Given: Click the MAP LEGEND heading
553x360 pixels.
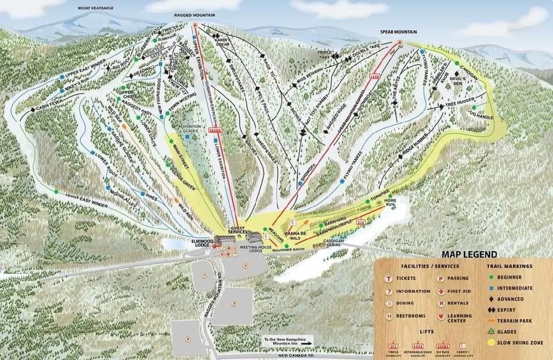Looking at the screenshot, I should (x=469, y=254).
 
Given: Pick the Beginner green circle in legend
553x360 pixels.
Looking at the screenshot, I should (x=492, y=277).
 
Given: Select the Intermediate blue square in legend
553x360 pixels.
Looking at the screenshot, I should (x=492, y=288).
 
